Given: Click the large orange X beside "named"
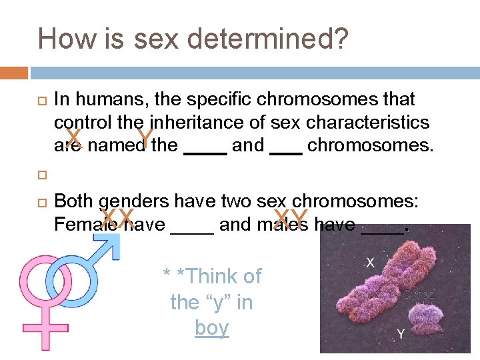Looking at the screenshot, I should pos(73,139).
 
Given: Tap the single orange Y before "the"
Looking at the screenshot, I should pos(143,139).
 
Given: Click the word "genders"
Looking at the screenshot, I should pos(135,202).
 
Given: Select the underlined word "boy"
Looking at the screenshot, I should pos(212,328).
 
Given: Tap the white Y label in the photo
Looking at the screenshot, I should pos(400,333).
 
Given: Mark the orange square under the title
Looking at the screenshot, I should pos(14,72).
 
